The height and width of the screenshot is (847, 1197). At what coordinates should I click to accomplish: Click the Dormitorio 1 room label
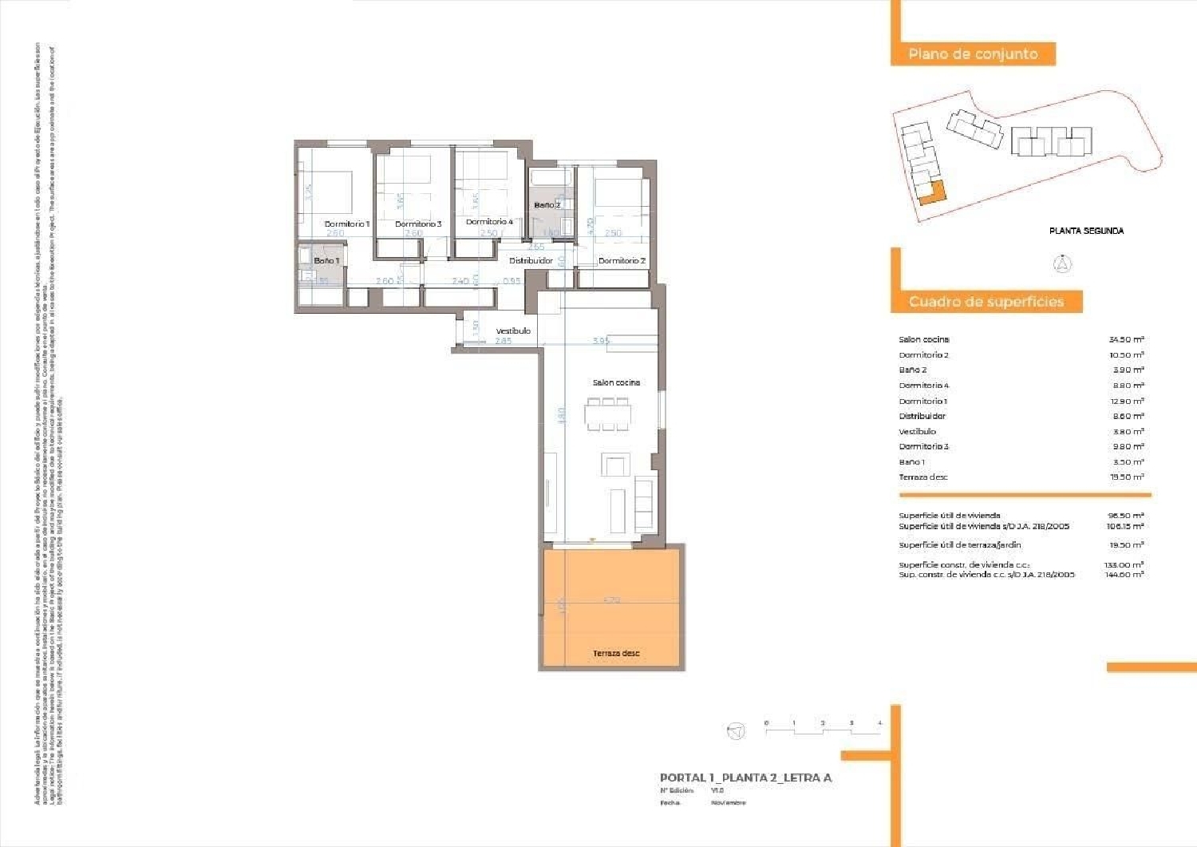[x=346, y=224]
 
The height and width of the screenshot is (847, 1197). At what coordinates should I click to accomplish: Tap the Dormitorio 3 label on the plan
[x=418, y=224]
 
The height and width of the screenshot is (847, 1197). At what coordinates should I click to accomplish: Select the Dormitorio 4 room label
[x=489, y=222]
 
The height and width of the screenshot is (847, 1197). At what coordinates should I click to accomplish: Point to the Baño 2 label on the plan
[x=547, y=205]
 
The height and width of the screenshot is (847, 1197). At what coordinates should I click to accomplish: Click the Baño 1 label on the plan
[x=326, y=261]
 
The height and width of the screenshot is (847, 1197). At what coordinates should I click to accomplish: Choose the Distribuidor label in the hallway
[x=531, y=261]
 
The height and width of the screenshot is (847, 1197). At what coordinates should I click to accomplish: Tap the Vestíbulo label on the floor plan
[x=513, y=330]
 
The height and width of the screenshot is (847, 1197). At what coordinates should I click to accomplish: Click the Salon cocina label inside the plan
[x=616, y=382]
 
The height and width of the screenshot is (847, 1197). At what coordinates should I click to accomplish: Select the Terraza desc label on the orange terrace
[x=616, y=653]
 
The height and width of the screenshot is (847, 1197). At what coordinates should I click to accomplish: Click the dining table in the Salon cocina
[x=608, y=415]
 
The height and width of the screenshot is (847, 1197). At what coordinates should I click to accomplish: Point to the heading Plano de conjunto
[x=973, y=54]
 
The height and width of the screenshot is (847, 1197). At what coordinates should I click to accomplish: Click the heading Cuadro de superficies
[x=986, y=302]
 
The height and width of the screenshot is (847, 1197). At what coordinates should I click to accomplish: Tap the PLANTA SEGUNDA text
[x=1086, y=231]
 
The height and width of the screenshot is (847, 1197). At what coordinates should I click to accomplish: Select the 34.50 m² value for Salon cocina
[x=1126, y=340]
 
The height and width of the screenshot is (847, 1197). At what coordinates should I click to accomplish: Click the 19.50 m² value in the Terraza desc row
[x=1126, y=477]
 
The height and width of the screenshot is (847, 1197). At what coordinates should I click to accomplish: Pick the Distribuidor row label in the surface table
[x=922, y=416]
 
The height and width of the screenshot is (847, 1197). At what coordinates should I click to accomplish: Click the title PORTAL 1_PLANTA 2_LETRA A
[x=745, y=778]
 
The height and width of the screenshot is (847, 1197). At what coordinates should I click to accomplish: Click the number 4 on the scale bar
[x=879, y=723]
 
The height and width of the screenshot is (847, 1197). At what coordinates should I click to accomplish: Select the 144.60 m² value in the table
[x=1124, y=575]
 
